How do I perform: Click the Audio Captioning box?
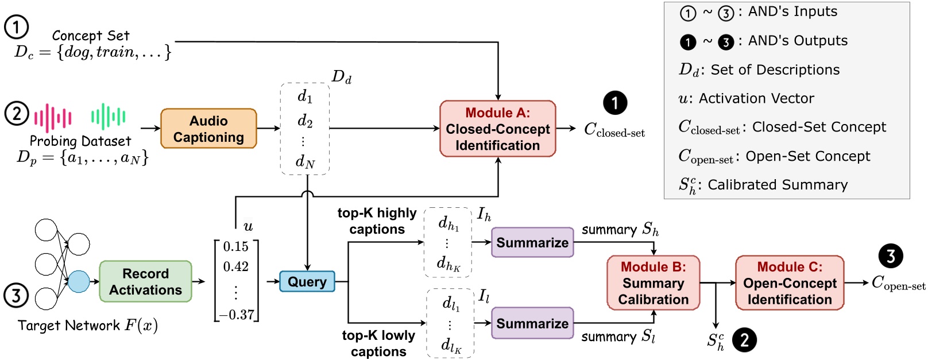coord(208,129)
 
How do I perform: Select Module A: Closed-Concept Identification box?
coord(497,129)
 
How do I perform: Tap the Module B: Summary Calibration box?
coord(653,283)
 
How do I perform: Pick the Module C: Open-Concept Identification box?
coord(789,283)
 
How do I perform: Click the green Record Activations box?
coord(145,281)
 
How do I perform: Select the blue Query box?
coord(307,282)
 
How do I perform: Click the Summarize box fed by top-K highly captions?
coord(532,242)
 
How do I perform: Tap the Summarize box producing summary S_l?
coord(532,323)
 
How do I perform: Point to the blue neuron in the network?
coord(79,281)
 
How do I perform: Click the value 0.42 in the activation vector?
coord(235,267)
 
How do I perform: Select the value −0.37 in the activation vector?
coord(236,315)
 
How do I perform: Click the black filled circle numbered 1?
coord(615,103)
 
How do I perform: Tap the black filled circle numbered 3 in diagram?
coord(891,256)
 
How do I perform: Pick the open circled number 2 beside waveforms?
coord(17,113)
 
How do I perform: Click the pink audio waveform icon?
coord(53,118)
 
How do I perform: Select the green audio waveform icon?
coord(108,117)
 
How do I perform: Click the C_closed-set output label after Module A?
coord(614,130)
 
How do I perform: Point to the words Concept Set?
coord(90,36)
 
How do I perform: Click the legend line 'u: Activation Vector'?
coord(746,99)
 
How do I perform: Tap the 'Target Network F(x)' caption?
coord(87,326)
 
